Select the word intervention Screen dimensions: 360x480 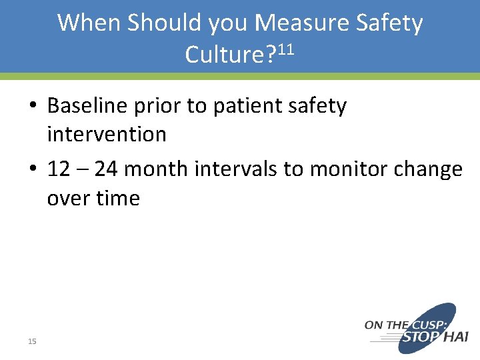click(107, 134)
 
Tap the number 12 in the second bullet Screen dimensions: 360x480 click(59, 169)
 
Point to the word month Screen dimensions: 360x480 click(157, 169)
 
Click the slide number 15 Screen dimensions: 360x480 click(32, 341)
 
